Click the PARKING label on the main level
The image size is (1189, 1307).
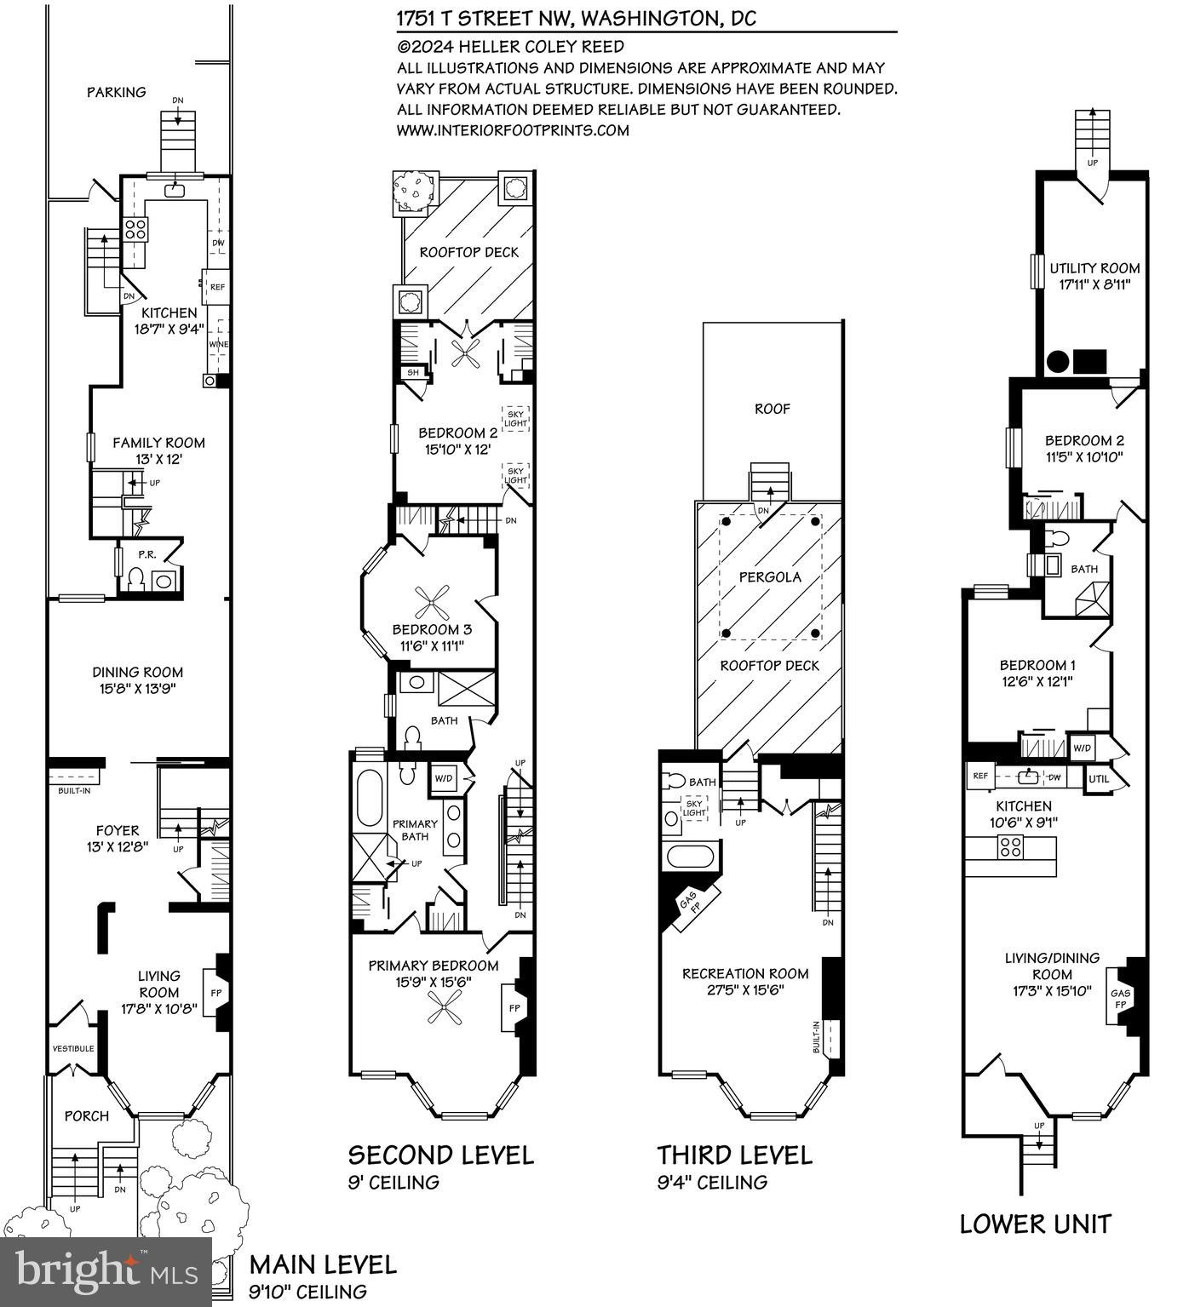(117, 92)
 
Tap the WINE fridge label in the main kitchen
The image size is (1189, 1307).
(218, 344)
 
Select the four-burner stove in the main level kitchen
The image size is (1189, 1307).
(136, 228)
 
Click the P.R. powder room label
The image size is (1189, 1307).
(146, 554)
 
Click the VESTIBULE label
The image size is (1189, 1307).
(73, 1048)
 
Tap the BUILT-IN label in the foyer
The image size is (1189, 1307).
(74, 790)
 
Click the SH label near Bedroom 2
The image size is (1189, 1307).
(412, 372)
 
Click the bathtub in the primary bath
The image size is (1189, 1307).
(370, 799)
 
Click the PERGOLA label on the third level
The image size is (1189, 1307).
(770, 577)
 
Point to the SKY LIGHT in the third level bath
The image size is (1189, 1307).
(694, 808)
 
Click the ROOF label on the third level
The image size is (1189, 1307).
(773, 409)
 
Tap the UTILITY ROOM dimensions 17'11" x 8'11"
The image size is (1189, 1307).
(1094, 285)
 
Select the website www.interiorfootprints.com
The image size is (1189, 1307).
(513, 130)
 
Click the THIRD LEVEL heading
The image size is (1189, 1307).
(734, 1155)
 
